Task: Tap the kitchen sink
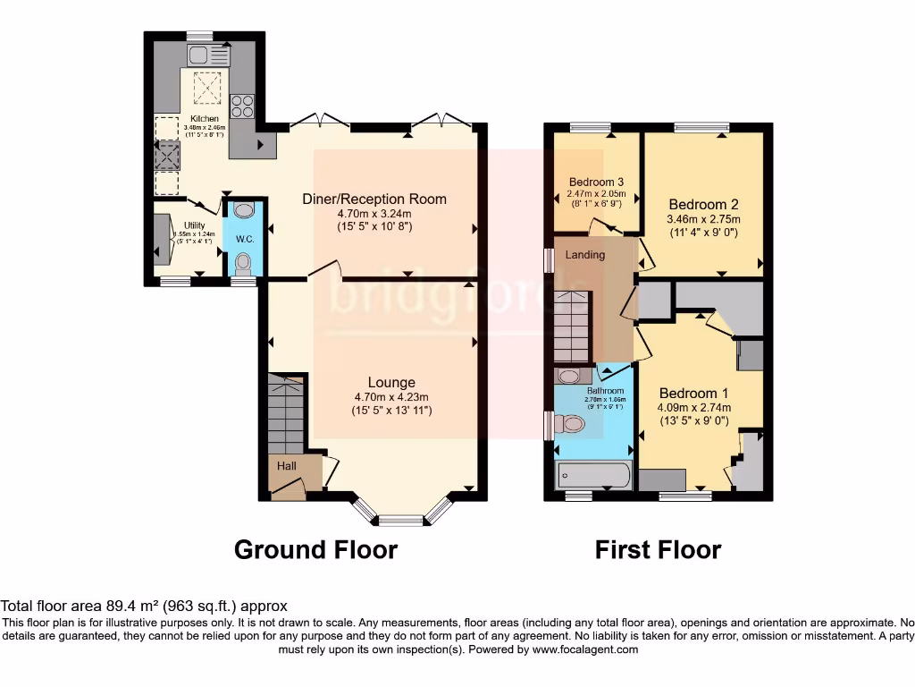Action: (x=207, y=55)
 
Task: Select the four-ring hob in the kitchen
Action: (x=242, y=106)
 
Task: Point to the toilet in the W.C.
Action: (x=242, y=263)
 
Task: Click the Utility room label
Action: (x=195, y=225)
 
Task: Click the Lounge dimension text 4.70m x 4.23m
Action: (x=391, y=397)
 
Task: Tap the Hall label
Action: (x=286, y=466)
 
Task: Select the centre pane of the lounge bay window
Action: (x=400, y=519)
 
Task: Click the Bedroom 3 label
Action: (x=596, y=182)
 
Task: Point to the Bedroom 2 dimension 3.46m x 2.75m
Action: (x=705, y=220)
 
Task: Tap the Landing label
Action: (x=584, y=255)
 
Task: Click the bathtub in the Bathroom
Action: (x=594, y=475)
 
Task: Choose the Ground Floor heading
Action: (x=315, y=549)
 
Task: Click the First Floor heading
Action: (x=658, y=549)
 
